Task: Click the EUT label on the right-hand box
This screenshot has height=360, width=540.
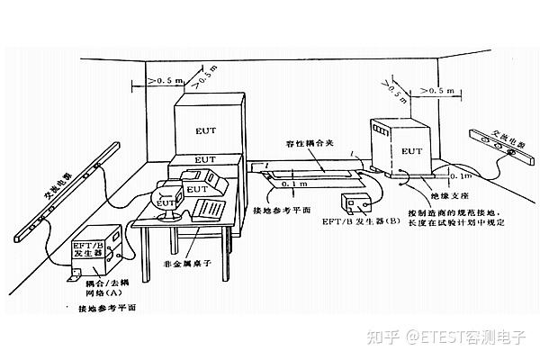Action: point(409,151)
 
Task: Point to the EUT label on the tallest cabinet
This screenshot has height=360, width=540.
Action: point(205,130)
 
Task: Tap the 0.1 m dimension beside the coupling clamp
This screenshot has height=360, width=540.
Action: point(290,184)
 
